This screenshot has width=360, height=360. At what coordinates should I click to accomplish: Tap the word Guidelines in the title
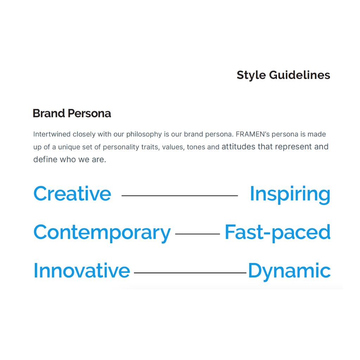pos(300,75)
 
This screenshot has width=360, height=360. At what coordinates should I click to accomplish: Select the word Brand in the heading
pos(49,113)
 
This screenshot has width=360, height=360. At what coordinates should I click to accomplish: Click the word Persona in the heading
pos(89,113)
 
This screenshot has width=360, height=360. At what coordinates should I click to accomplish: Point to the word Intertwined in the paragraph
pos(52,134)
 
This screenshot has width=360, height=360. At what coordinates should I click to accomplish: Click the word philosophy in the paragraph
pos(144,134)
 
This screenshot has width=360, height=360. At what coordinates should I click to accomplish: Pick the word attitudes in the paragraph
pos(238,147)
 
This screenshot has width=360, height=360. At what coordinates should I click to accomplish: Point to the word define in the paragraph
pos(45,159)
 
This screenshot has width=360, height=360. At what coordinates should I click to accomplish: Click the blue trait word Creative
pos(72,193)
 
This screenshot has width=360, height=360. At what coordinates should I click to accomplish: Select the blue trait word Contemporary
pos(102,233)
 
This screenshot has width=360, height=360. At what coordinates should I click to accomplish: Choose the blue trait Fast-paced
pos(278,233)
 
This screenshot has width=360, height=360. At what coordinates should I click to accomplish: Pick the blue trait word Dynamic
pos(290,271)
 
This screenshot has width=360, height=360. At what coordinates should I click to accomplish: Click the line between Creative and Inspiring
pos(180,195)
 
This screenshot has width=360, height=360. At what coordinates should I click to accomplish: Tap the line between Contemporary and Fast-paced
pos(198,234)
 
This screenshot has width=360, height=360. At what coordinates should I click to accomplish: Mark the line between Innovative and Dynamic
pos(190,273)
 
